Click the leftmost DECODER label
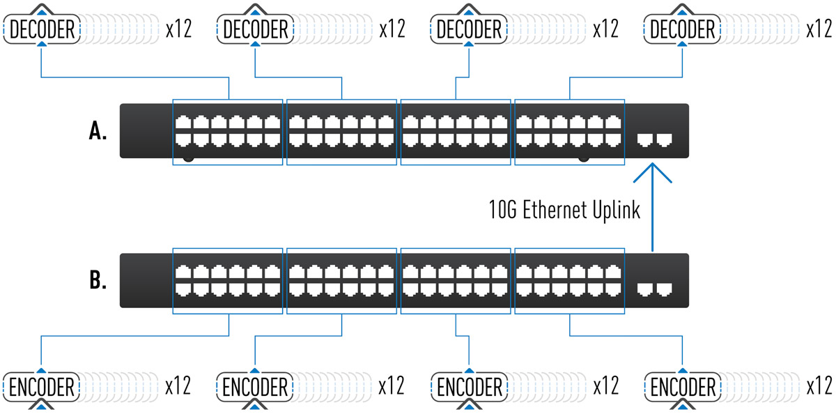(x=42, y=29)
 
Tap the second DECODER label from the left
(x=256, y=29)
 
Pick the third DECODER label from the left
(x=469, y=29)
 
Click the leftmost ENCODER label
(x=42, y=386)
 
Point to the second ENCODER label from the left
(x=256, y=386)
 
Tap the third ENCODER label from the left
(x=469, y=386)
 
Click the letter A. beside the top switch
(x=98, y=132)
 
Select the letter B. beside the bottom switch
(x=98, y=281)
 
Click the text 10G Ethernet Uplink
(x=564, y=210)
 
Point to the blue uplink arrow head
(x=652, y=171)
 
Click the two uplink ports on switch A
(x=656, y=139)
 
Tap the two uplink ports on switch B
(x=656, y=288)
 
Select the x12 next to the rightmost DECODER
(x=819, y=29)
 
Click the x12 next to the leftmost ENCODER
(x=178, y=385)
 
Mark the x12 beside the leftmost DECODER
(x=178, y=29)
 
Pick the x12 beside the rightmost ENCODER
(x=819, y=385)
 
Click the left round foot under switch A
(x=188, y=160)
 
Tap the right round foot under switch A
(x=584, y=160)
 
